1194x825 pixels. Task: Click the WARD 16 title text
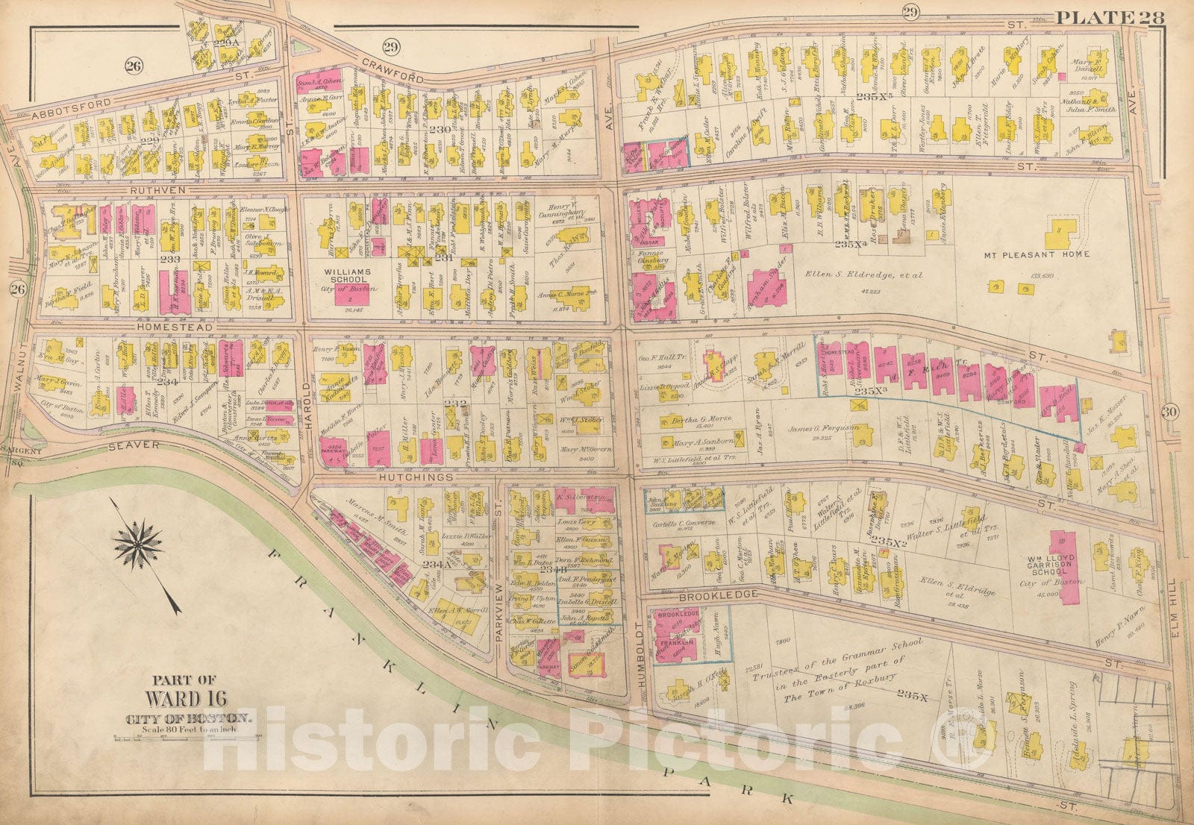[183, 699]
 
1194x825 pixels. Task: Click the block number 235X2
[887, 542]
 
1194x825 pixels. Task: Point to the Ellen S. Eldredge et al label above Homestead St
[863, 275]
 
